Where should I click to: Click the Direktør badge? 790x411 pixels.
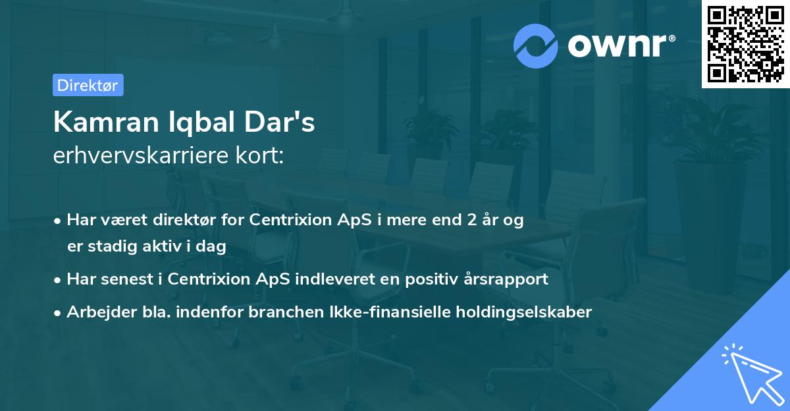[88, 85]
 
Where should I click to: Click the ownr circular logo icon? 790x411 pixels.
[537, 45]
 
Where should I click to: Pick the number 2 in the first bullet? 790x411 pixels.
[471, 221]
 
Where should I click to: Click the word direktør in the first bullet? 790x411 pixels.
[185, 221]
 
